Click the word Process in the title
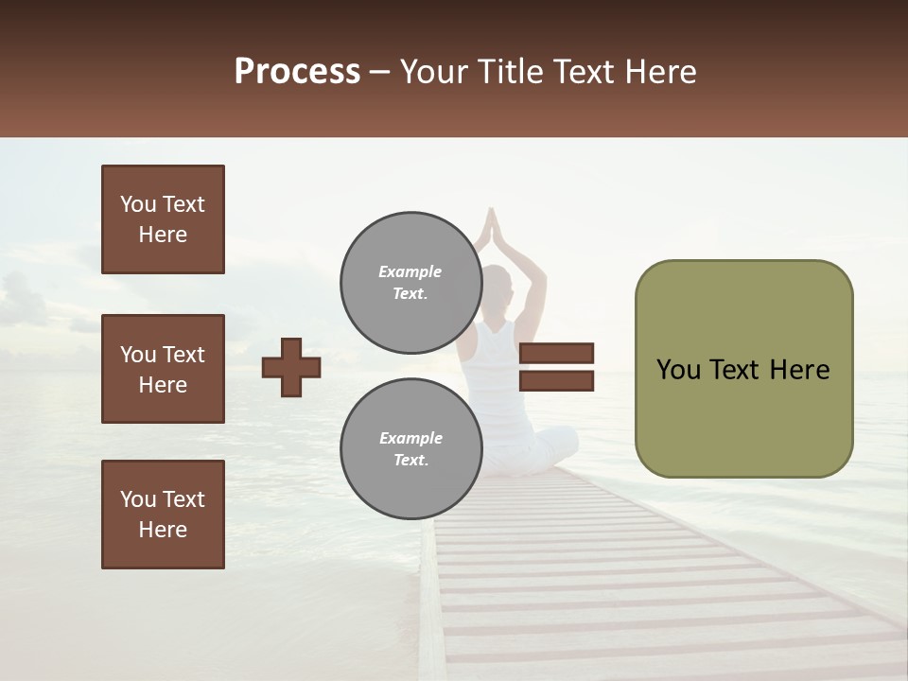pos(297,72)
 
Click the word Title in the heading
pos(508,72)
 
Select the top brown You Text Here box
pos(163,219)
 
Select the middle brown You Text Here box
pos(163,369)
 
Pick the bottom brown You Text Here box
pos(163,515)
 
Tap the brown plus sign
pos(291,367)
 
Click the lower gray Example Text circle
pos(410,448)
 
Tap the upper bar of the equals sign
pos(556,353)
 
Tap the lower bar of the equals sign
pos(556,381)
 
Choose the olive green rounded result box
pos(743,369)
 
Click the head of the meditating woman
pos(498,284)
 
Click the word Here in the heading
pos(655,72)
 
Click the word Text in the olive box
pos(741,370)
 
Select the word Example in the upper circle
pos(410,271)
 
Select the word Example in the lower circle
pos(410,438)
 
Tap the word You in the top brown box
pos(137,204)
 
